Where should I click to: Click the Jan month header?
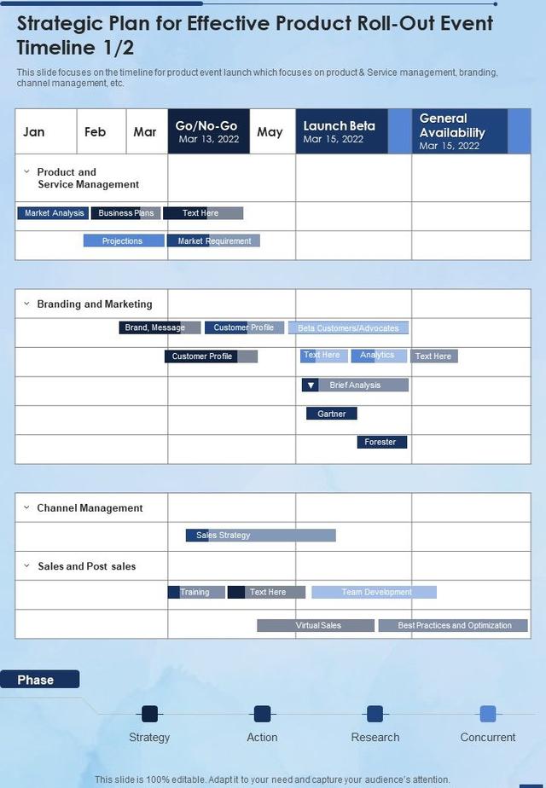[35, 131]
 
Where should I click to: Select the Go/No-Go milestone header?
[208, 131]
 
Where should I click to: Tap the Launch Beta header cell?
[340, 131]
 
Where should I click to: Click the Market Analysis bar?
[54, 213]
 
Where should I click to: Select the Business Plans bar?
[125, 213]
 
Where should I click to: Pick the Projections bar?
[123, 241]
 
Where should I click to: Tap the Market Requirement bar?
[214, 241]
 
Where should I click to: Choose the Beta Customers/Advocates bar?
[348, 328]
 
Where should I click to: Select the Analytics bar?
[378, 356]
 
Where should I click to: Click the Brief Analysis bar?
[355, 385]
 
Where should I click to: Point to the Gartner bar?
[332, 414]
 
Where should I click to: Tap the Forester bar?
[381, 442]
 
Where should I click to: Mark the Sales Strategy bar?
[260, 536]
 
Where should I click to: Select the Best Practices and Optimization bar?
[454, 625]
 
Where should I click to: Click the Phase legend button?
[39, 680]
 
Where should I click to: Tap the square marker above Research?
[375, 714]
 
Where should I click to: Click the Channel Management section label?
[90, 508]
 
